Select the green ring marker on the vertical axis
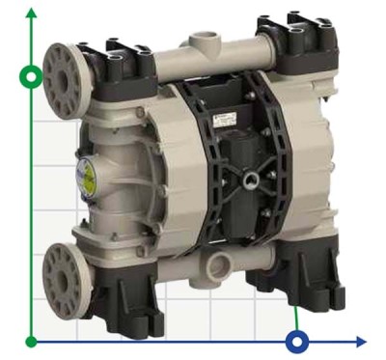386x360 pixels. pyautogui.click(x=33, y=75)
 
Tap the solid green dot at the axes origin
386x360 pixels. pyautogui.click(x=33, y=341)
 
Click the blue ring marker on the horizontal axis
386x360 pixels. pyautogui.click(x=297, y=341)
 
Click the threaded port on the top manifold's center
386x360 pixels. pyautogui.click(x=203, y=43)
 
